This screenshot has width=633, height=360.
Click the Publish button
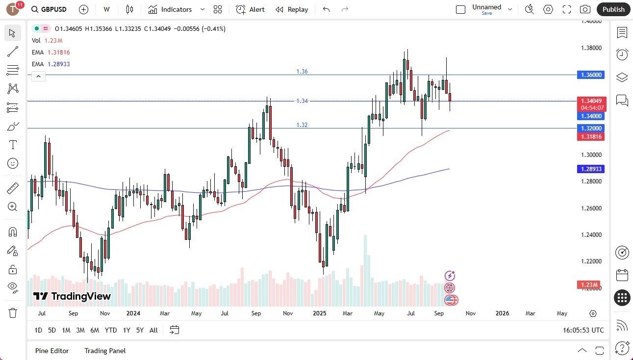613,9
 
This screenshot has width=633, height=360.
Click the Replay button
292,9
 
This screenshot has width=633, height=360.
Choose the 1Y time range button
127,330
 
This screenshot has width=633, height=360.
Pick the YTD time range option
111,330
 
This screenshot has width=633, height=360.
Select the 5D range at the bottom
52,330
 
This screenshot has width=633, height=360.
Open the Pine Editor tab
52,351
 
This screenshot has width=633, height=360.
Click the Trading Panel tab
105,351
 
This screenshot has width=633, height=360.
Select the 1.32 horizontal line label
302,125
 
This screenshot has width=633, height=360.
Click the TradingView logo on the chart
72,296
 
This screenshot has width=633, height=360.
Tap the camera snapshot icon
585,9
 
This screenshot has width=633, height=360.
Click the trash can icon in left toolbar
13,312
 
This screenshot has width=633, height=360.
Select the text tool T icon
13,145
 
